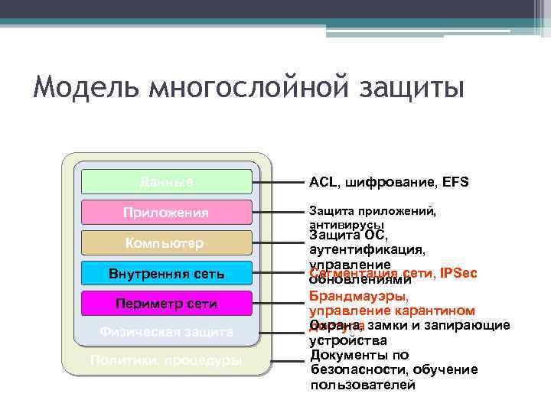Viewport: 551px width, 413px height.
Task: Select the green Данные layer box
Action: tap(167, 182)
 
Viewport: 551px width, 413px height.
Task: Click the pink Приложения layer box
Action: tap(167, 212)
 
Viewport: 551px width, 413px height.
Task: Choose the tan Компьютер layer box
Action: tap(167, 242)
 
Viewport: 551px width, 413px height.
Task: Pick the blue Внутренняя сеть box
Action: tap(167, 272)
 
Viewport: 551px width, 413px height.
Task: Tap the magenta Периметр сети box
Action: tap(167, 303)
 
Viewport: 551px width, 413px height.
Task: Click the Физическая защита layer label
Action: tap(167, 332)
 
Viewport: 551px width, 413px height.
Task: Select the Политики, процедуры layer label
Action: tap(167, 360)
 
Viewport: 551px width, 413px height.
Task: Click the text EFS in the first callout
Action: tap(455, 183)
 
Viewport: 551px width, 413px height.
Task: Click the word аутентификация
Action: tap(367, 249)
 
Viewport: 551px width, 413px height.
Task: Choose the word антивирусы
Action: tap(346, 226)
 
